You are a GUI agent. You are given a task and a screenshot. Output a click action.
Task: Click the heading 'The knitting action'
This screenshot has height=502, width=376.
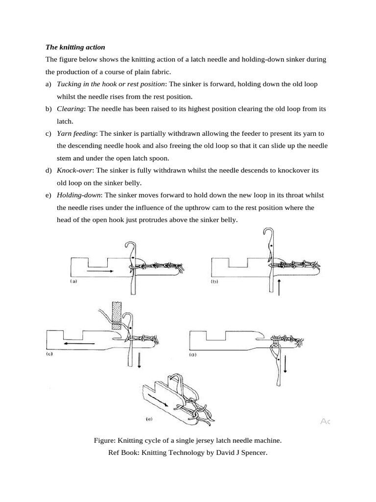[x=75, y=48]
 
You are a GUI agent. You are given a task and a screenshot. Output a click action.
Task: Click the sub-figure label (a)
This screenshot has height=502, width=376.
[x=74, y=282]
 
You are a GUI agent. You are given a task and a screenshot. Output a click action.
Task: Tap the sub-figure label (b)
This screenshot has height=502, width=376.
[x=214, y=282]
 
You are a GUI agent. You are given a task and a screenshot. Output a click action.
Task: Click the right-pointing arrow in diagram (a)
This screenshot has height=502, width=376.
[x=100, y=270]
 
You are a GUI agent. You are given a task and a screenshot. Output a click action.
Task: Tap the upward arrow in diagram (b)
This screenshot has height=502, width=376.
[x=279, y=287]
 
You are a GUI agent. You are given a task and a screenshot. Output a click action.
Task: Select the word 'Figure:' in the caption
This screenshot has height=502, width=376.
[x=105, y=440]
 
